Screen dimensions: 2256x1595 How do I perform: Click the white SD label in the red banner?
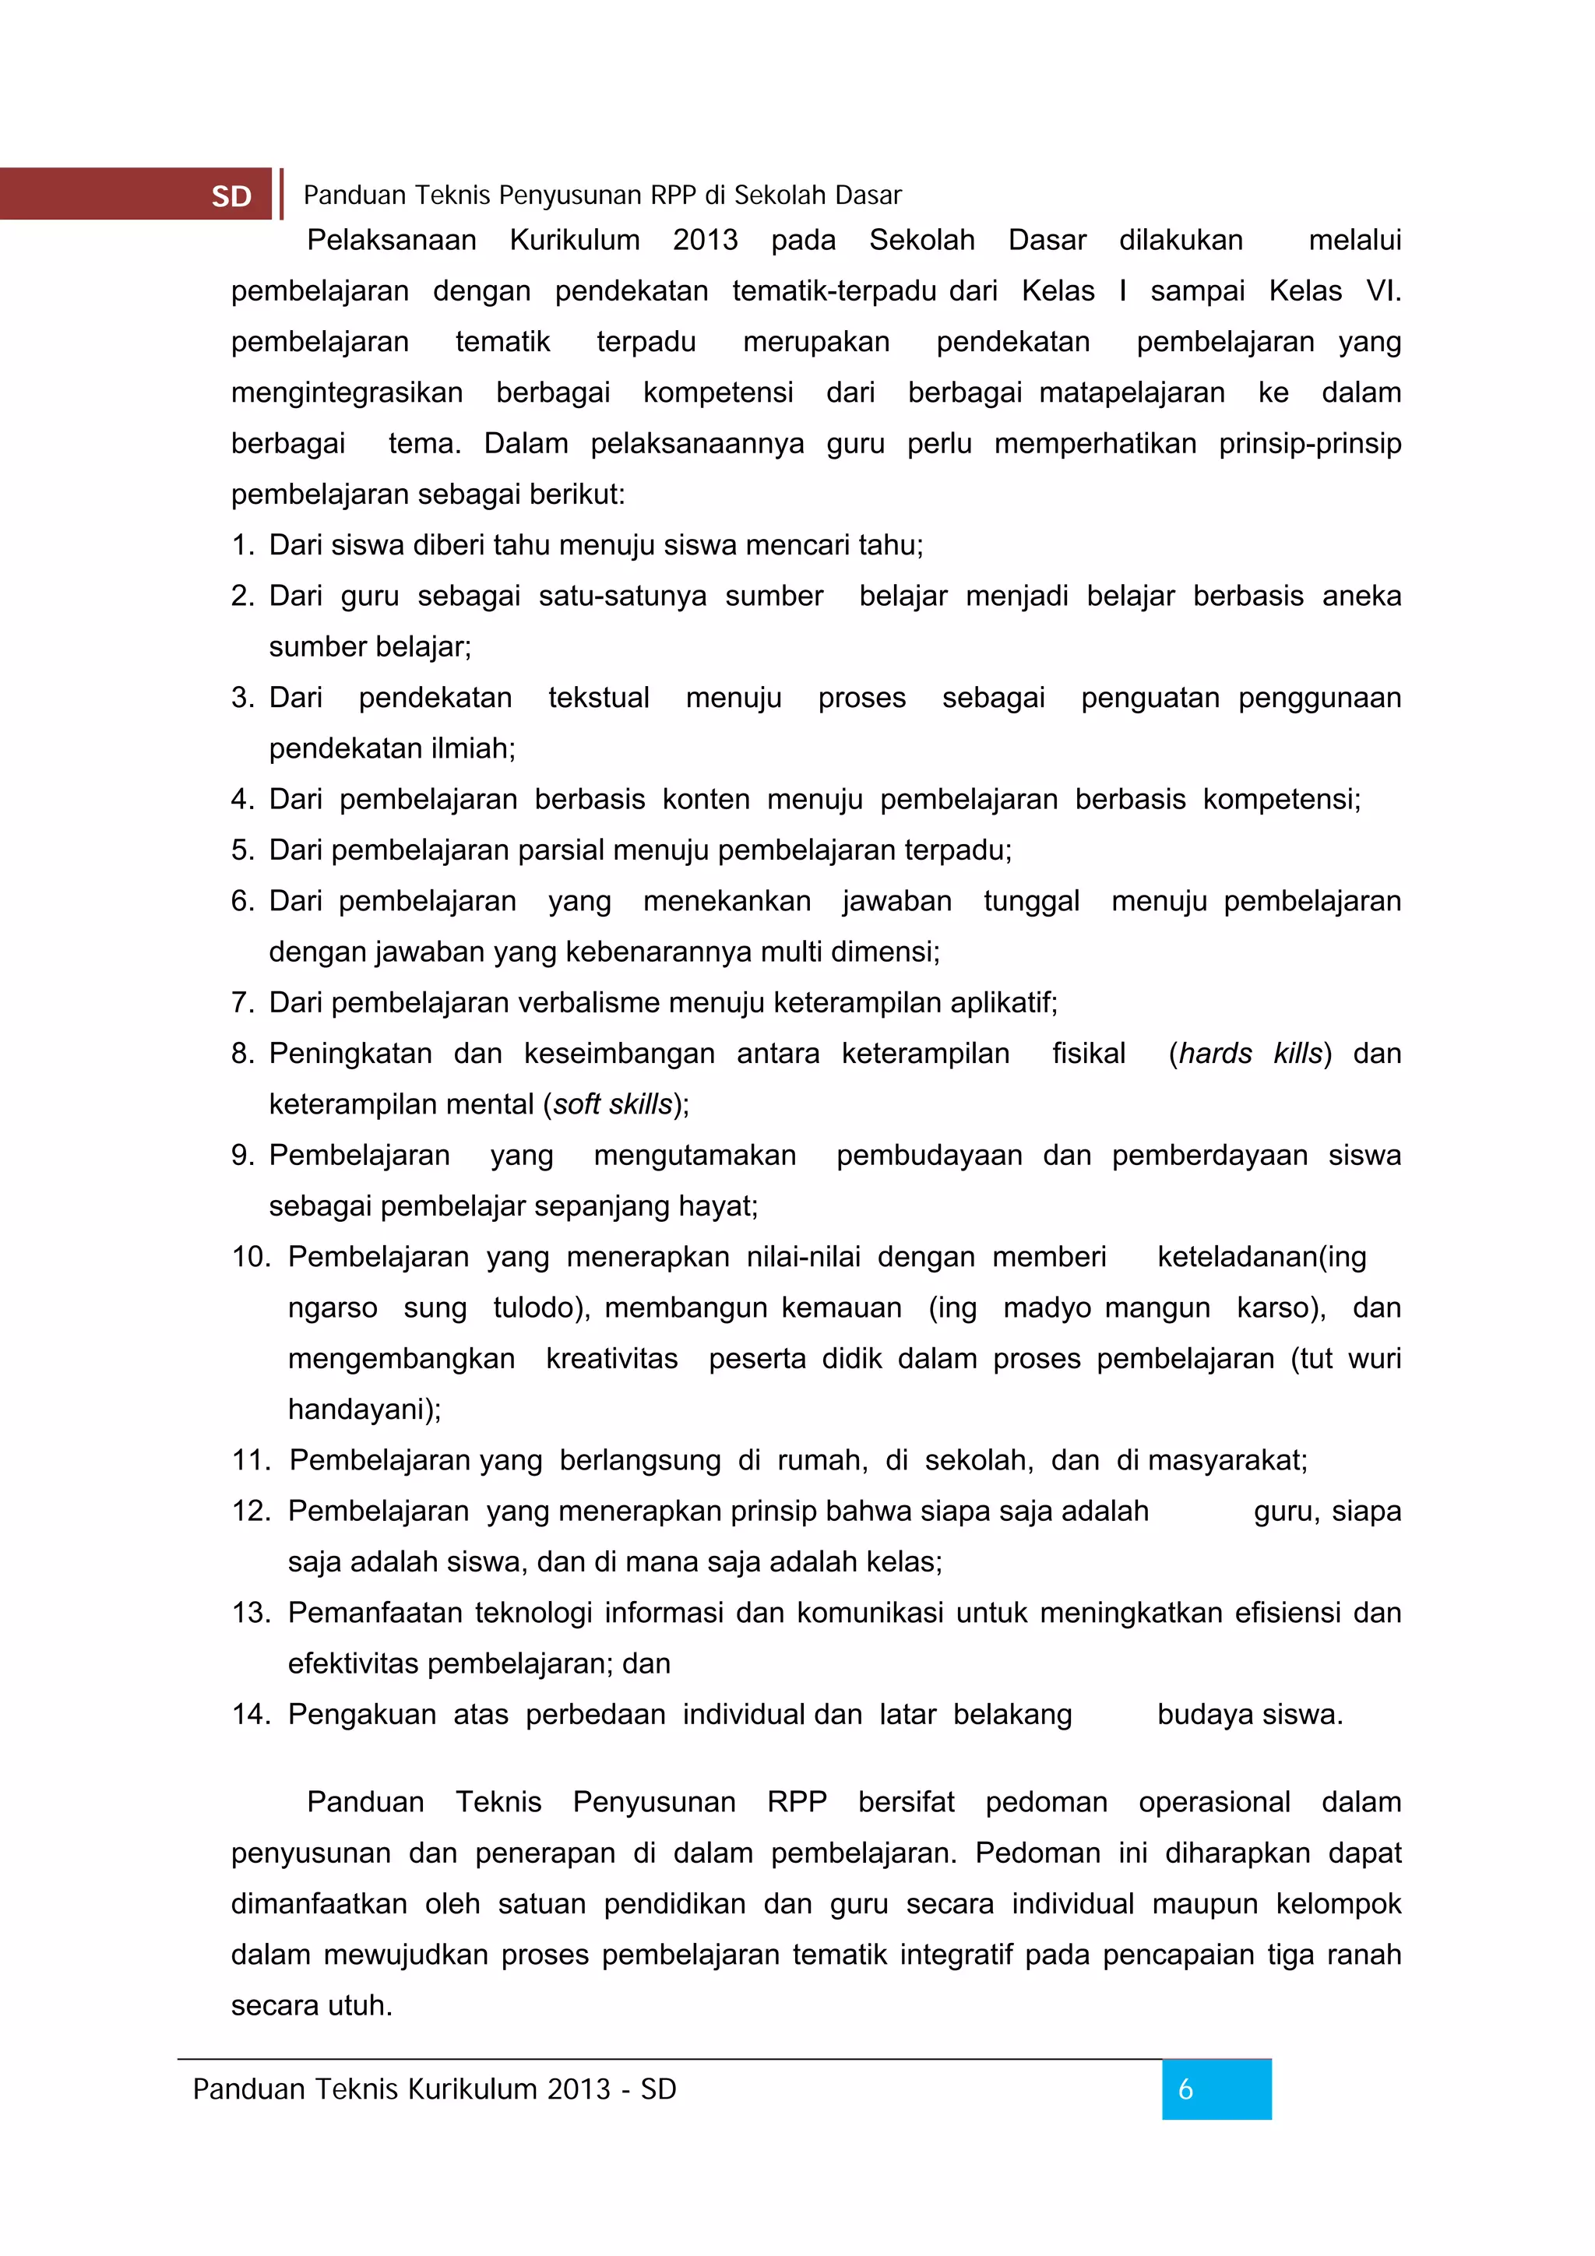click(x=232, y=196)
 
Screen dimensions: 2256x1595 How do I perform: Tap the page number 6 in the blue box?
click(x=1185, y=2090)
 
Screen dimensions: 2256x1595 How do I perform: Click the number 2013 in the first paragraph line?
click(x=705, y=240)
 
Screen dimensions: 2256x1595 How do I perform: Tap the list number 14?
click(x=251, y=1715)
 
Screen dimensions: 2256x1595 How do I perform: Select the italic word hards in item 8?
click(x=1215, y=1054)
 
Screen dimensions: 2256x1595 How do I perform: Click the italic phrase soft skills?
click(x=611, y=1104)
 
